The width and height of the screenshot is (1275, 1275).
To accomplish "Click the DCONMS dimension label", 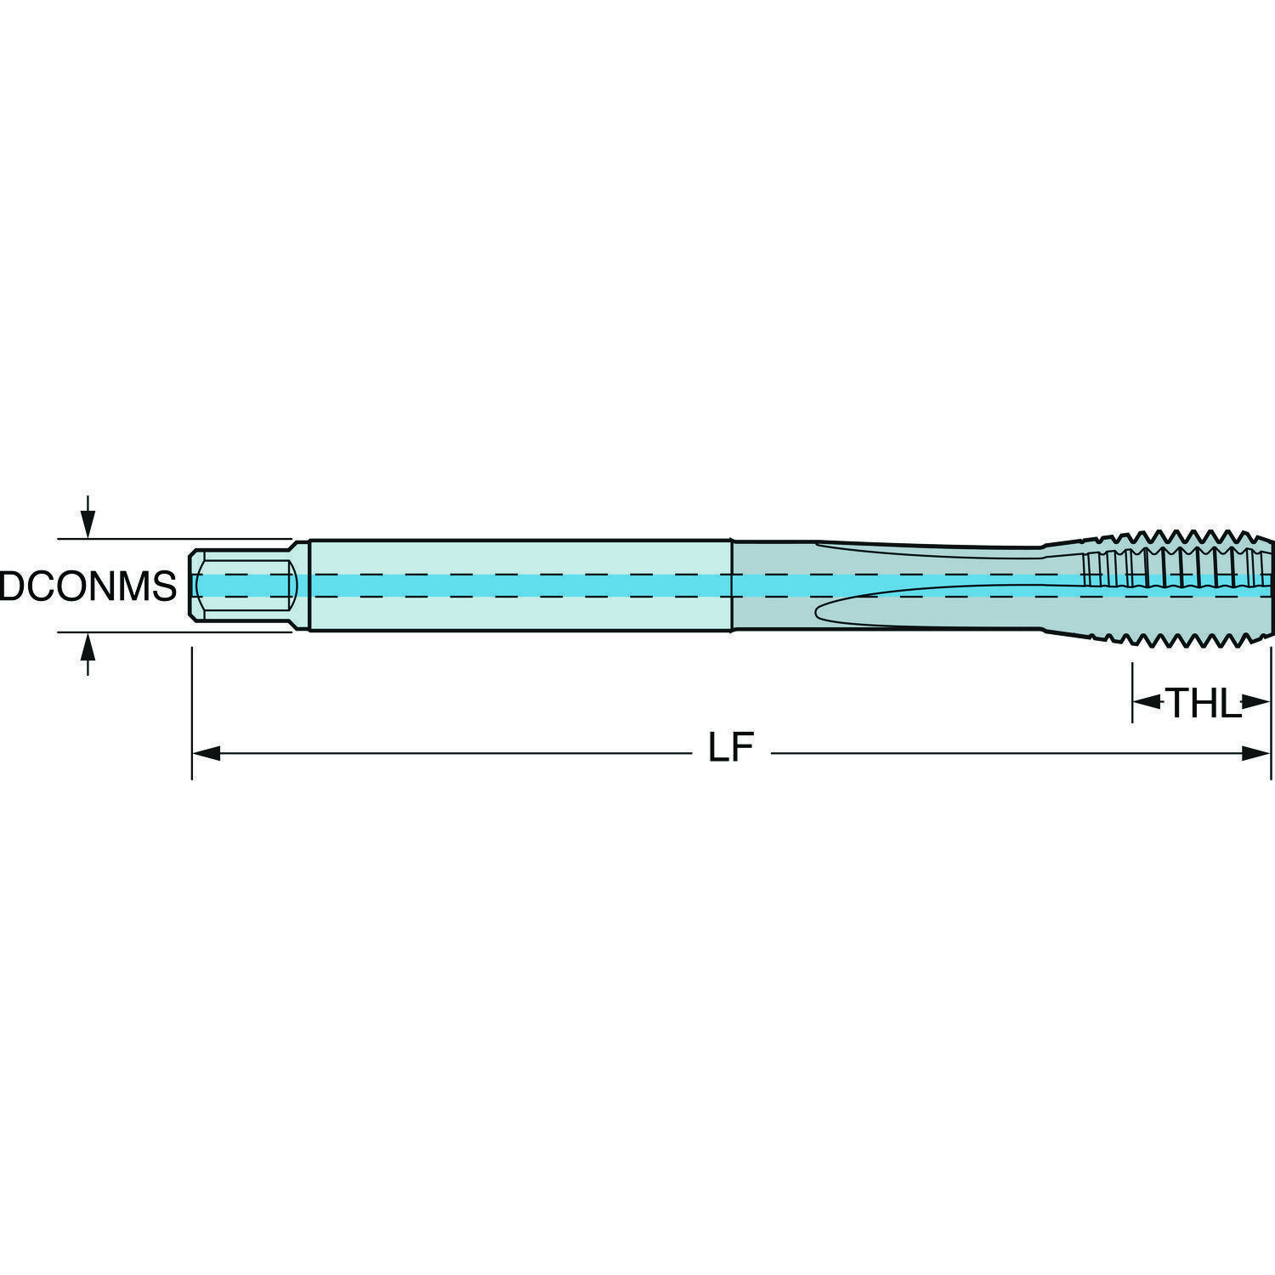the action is coord(88,586).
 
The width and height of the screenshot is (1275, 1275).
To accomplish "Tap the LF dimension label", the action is coord(732,750).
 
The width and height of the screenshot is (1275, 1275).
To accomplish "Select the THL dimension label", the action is coord(1203,703).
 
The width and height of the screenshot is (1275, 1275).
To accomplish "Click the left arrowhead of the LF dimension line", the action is coord(207,753).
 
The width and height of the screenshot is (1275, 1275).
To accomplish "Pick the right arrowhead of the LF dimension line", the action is coord(1256,753).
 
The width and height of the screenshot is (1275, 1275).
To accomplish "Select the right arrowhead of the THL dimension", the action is coord(1256,702).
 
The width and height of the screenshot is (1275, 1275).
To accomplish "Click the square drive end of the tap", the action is coord(241,586).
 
